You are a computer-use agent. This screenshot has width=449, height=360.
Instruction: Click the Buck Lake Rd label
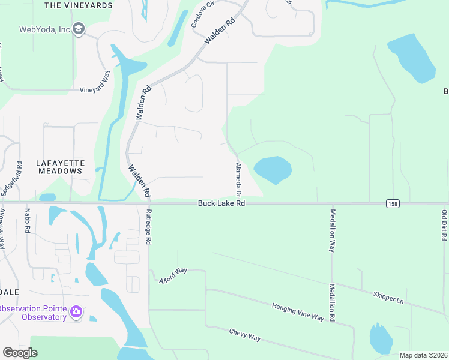221,204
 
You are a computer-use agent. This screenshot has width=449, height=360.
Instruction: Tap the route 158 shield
392,204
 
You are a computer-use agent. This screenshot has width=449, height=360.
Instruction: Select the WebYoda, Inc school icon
78,29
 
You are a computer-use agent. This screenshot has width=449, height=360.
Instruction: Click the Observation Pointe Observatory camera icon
76,312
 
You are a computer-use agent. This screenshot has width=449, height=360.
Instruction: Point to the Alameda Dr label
238,179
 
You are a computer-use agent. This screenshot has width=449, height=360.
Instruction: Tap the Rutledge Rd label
149,227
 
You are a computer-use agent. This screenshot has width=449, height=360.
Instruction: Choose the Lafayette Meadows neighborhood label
60,167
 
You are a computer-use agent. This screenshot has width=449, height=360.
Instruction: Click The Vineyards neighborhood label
79,5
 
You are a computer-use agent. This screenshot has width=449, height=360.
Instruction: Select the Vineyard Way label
95,81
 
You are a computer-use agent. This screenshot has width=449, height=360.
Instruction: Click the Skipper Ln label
388,296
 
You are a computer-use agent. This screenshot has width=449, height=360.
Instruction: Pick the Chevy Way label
244,335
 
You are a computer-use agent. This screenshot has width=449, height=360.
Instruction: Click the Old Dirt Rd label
444,226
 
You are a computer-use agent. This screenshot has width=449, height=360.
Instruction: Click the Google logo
20,353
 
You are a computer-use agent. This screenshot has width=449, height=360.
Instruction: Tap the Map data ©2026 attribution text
423,355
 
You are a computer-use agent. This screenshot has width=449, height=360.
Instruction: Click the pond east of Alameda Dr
273,170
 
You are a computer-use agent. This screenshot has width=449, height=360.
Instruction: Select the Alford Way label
172,274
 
